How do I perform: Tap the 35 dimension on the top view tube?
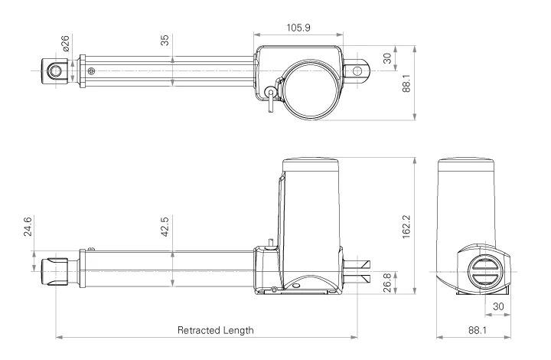pyautogui.click(x=165, y=41)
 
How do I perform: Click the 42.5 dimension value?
pyautogui.click(x=165, y=227)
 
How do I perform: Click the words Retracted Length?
pyautogui.click(x=215, y=330)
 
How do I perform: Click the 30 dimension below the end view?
pyautogui.click(x=497, y=305)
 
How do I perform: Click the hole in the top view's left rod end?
pyautogui.click(x=54, y=72)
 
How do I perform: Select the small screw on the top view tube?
pyautogui.click(x=92, y=71)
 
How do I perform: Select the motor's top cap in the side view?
pyautogui.click(x=311, y=163)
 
